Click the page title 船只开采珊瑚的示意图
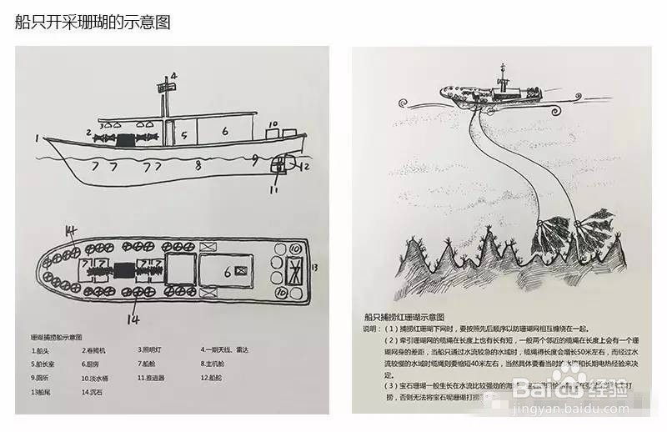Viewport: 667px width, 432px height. pos(92,22)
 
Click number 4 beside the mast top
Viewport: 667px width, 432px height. pos(174,75)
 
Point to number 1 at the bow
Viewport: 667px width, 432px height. pos(37,138)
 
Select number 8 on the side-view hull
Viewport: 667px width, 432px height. pos(198,166)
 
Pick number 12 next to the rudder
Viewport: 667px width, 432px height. pos(304,166)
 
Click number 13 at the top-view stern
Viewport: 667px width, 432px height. pos(314,267)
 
